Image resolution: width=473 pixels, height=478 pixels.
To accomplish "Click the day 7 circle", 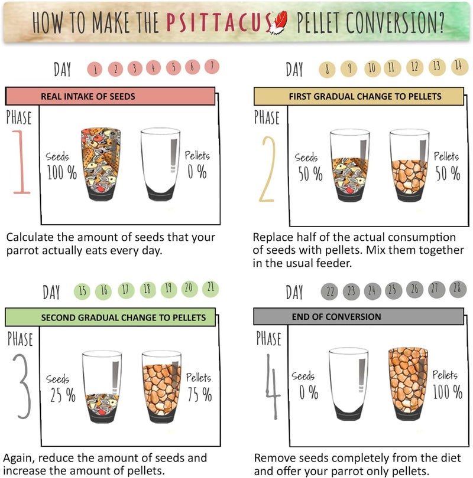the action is click(x=212, y=66).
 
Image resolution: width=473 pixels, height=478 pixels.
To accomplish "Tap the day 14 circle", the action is click(x=459, y=66).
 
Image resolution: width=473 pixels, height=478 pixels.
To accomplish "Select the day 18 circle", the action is click(x=147, y=290).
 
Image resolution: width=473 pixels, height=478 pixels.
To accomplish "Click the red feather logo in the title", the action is click(x=278, y=22).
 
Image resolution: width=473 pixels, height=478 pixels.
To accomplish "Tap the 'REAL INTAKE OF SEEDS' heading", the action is click(x=88, y=97).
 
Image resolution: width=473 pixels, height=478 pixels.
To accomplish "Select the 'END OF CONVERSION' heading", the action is click(x=336, y=317).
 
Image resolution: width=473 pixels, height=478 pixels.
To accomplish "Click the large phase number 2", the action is click(x=267, y=169).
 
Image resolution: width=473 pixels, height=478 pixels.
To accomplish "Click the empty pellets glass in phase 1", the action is click(x=160, y=164).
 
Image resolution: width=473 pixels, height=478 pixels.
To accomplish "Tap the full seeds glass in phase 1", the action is click(x=101, y=164).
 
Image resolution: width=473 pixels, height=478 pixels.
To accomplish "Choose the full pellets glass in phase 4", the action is click(x=408, y=384).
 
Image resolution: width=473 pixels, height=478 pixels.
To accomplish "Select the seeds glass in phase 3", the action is click(x=102, y=387).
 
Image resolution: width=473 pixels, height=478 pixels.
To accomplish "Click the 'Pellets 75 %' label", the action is click(x=199, y=387).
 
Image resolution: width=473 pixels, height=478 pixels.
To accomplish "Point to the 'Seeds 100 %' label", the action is click(x=61, y=166).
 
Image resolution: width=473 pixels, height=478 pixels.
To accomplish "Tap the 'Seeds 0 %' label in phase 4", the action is click(x=304, y=385).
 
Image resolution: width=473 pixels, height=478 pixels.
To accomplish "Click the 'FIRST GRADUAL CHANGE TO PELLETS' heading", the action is click(x=365, y=97).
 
